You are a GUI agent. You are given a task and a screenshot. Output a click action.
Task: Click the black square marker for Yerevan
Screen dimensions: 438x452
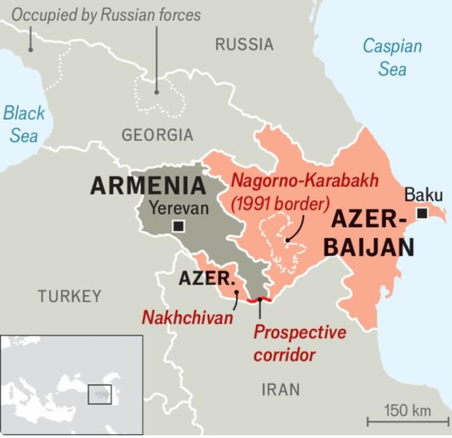(x=179, y=226)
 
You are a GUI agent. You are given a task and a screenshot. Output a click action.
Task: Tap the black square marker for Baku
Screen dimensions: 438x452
(x=422, y=213)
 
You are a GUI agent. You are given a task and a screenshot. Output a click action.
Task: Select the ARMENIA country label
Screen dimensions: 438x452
(x=149, y=186)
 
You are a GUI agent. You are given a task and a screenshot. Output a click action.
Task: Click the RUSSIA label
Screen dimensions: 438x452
(x=244, y=45)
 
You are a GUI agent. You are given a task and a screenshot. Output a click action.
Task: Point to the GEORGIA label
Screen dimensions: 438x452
(x=157, y=135)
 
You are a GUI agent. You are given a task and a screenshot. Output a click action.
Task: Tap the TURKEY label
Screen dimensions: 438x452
(x=70, y=296)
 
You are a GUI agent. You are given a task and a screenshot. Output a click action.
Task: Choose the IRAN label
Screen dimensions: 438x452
(x=280, y=389)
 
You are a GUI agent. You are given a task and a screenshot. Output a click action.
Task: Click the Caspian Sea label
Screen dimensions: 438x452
(x=392, y=58)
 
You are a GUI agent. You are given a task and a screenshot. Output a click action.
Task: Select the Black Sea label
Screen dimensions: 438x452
(x=24, y=123)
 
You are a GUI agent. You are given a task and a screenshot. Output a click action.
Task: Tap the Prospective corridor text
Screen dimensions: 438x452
(x=299, y=343)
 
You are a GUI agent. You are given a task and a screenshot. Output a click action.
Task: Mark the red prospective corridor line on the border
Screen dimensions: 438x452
(x=259, y=299)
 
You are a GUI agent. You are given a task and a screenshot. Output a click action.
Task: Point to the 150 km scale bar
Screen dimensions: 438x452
(x=408, y=420)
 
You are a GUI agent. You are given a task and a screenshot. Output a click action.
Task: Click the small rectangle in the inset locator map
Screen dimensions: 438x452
(x=100, y=394)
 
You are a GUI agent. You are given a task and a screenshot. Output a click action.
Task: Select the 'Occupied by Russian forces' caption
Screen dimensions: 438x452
(x=106, y=15)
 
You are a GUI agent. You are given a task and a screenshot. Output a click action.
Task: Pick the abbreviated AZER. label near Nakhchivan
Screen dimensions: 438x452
(x=206, y=278)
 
